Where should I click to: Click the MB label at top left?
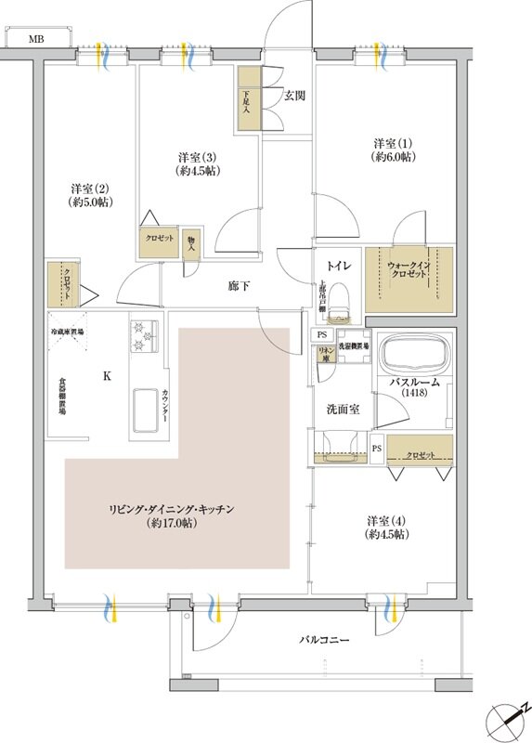point(34,39)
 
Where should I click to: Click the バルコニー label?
point(324,641)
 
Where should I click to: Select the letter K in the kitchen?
point(107,376)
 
